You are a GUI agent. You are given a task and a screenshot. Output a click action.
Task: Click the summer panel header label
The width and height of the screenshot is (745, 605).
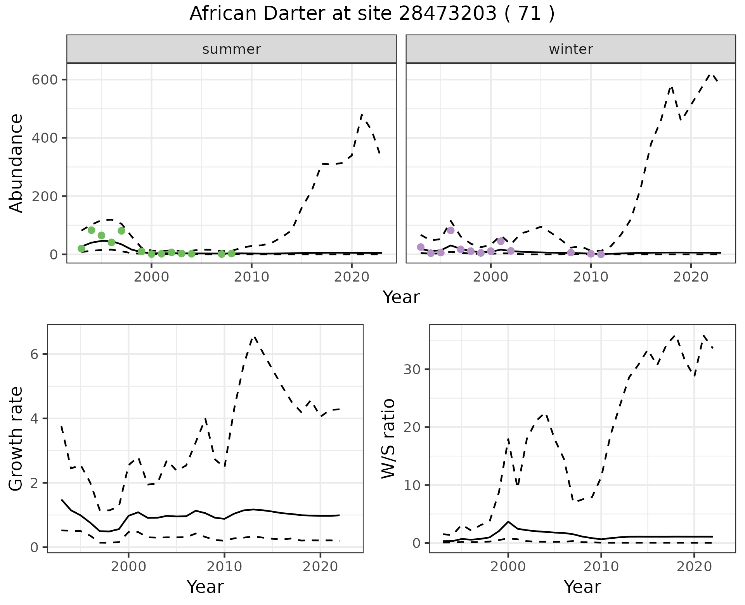tap(232, 49)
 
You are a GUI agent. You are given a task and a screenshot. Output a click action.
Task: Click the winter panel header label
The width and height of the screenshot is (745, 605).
tap(571, 49)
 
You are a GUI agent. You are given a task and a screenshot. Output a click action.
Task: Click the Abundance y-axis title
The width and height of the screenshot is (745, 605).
tap(16, 163)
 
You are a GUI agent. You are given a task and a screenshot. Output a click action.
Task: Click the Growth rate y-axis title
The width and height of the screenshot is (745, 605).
tap(16, 439)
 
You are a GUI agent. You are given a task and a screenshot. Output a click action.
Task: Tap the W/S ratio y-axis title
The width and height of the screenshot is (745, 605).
tap(388, 439)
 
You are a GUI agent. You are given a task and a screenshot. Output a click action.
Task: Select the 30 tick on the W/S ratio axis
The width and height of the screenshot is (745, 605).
tap(412, 369)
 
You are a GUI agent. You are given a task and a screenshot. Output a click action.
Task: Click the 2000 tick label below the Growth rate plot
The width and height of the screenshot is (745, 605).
tap(128, 567)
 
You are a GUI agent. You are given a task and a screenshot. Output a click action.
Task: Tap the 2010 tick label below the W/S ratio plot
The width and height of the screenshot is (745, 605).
tap(601, 567)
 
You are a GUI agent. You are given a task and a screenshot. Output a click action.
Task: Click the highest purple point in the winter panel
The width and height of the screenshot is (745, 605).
tap(450, 230)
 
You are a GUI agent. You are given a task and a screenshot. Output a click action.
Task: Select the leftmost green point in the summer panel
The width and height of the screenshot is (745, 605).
tap(81, 249)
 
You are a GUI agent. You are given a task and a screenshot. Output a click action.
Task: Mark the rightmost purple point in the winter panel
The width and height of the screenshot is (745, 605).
tap(601, 254)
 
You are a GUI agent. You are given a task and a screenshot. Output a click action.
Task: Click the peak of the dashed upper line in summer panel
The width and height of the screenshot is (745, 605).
tap(362, 114)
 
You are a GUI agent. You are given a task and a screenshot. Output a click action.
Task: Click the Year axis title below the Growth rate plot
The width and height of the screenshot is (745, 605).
tap(205, 587)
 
